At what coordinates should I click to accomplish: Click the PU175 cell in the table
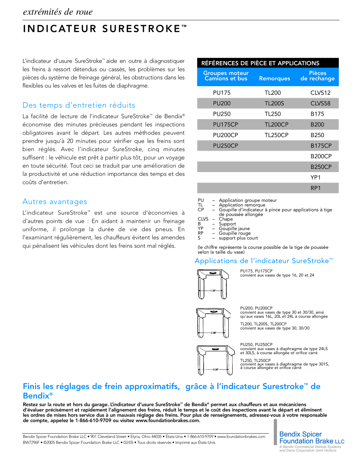coord(222,93)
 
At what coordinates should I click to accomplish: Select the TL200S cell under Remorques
coord(274,103)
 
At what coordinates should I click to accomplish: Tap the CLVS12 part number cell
coord(320,93)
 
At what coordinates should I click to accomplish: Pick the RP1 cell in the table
coord(315,188)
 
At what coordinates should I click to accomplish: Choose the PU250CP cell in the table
coord(225,146)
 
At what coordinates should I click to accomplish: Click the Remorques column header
coord(274,78)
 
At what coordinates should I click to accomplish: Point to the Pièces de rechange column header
coord(317,76)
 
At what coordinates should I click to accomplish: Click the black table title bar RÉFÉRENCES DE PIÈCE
coord(260,63)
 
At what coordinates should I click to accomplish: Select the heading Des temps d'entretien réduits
coord(79,105)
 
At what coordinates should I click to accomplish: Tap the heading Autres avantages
coord(55,201)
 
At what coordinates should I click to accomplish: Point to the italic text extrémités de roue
coord(58,12)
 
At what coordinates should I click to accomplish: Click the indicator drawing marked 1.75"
coord(213,284)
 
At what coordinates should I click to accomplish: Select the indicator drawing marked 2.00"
coord(213,323)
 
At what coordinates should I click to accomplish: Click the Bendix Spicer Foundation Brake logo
coord(311,440)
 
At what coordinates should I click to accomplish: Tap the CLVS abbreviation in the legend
coord(203,219)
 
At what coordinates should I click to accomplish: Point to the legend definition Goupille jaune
coord(234,228)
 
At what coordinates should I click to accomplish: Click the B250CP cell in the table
coord(321,167)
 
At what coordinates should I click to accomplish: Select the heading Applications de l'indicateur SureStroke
coord(264,261)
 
